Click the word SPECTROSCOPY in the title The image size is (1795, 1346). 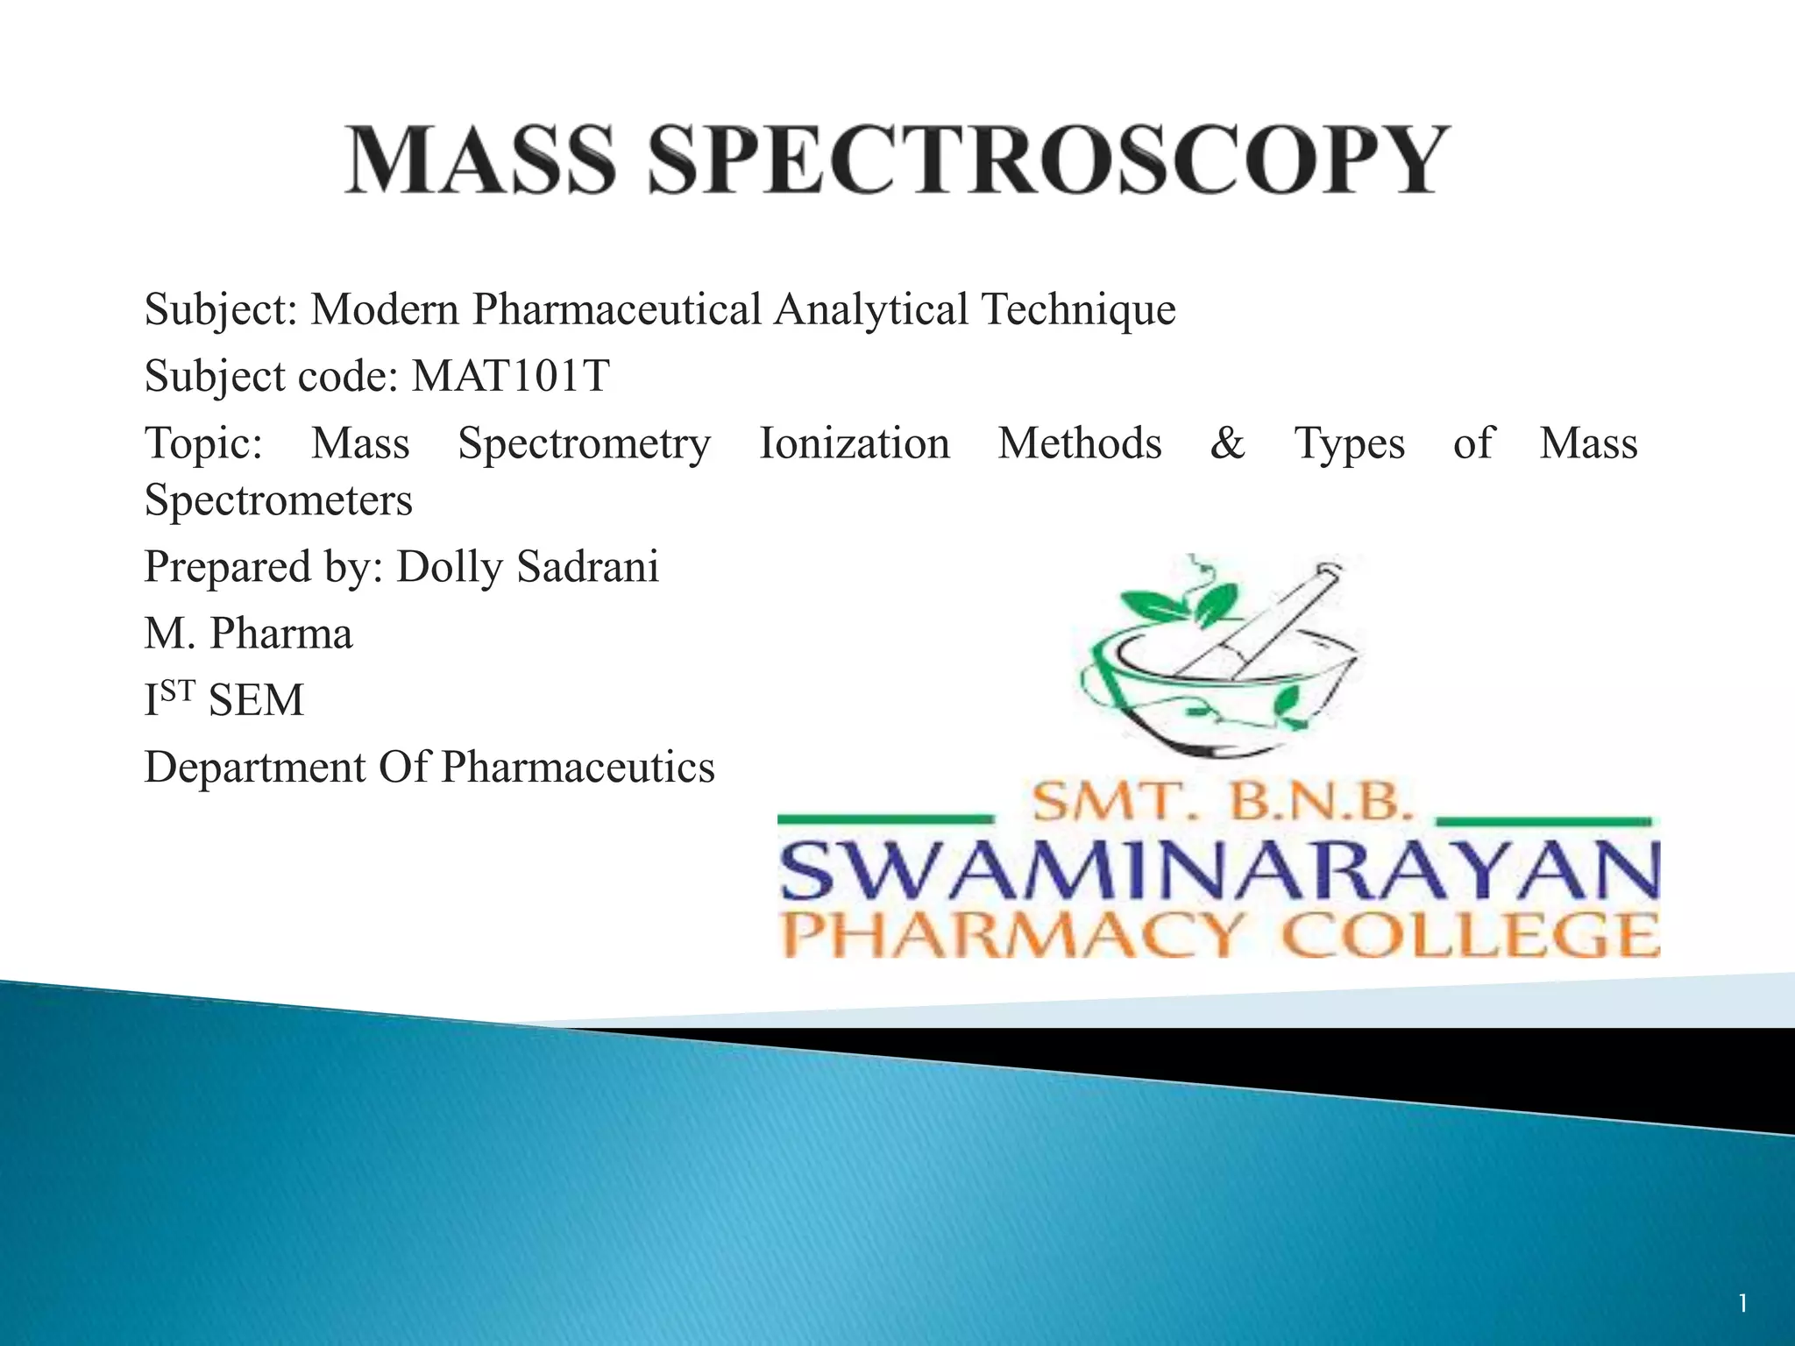coord(1048,159)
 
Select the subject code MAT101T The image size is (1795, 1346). coord(510,376)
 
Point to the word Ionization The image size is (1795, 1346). coord(854,443)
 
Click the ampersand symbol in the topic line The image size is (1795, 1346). coord(1227,443)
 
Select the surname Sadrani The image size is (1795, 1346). coord(587,567)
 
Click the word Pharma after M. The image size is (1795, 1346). coord(280,634)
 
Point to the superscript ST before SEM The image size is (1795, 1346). coord(178,691)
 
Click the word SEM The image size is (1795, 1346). coord(256,700)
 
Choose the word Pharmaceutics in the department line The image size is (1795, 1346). coord(578,767)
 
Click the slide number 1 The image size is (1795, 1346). coord(1743,1304)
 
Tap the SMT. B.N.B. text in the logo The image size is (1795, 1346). coord(1223,802)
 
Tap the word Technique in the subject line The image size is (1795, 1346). coord(1078,309)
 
